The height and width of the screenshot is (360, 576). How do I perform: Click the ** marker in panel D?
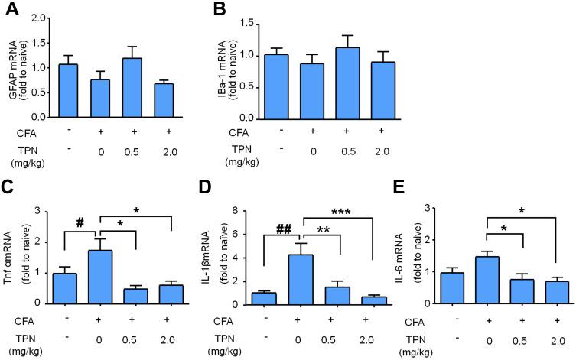point(324,229)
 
